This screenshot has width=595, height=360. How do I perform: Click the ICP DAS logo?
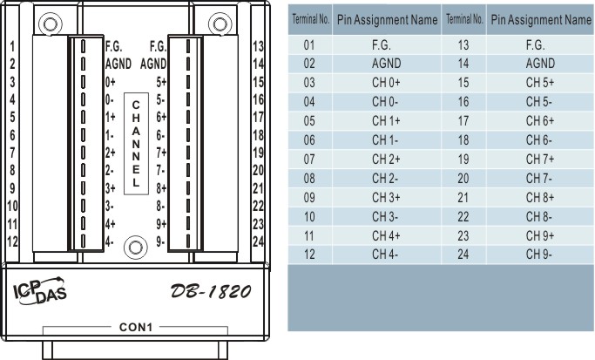click(x=40, y=291)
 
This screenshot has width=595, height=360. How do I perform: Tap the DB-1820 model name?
click(x=211, y=291)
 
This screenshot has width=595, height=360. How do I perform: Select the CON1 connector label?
click(x=136, y=327)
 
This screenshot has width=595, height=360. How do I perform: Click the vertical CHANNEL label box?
click(x=136, y=144)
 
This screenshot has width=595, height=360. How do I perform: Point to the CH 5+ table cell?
click(x=540, y=83)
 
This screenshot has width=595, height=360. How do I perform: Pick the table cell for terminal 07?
click(x=309, y=160)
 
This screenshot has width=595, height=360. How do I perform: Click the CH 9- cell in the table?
click(x=540, y=254)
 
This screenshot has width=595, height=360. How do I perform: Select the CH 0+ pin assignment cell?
click(x=386, y=83)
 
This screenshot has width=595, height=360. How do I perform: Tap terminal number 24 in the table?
click(x=463, y=254)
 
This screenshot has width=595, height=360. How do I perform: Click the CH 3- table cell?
click(x=386, y=216)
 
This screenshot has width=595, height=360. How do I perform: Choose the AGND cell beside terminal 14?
click(x=540, y=64)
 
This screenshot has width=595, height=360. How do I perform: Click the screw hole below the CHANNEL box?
click(x=136, y=248)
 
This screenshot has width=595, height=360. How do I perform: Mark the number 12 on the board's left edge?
click(x=12, y=241)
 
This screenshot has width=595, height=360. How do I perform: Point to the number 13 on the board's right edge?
click(x=258, y=46)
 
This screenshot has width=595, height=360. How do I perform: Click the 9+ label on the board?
click(x=161, y=224)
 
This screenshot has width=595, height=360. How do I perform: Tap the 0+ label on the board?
click(x=111, y=82)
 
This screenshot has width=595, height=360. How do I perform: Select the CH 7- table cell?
click(x=540, y=178)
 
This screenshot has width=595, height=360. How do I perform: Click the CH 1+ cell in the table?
click(x=386, y=121)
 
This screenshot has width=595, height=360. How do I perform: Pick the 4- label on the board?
click(x=109, y=241)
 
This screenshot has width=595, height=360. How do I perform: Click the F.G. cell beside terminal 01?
click(x=386, y=44)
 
